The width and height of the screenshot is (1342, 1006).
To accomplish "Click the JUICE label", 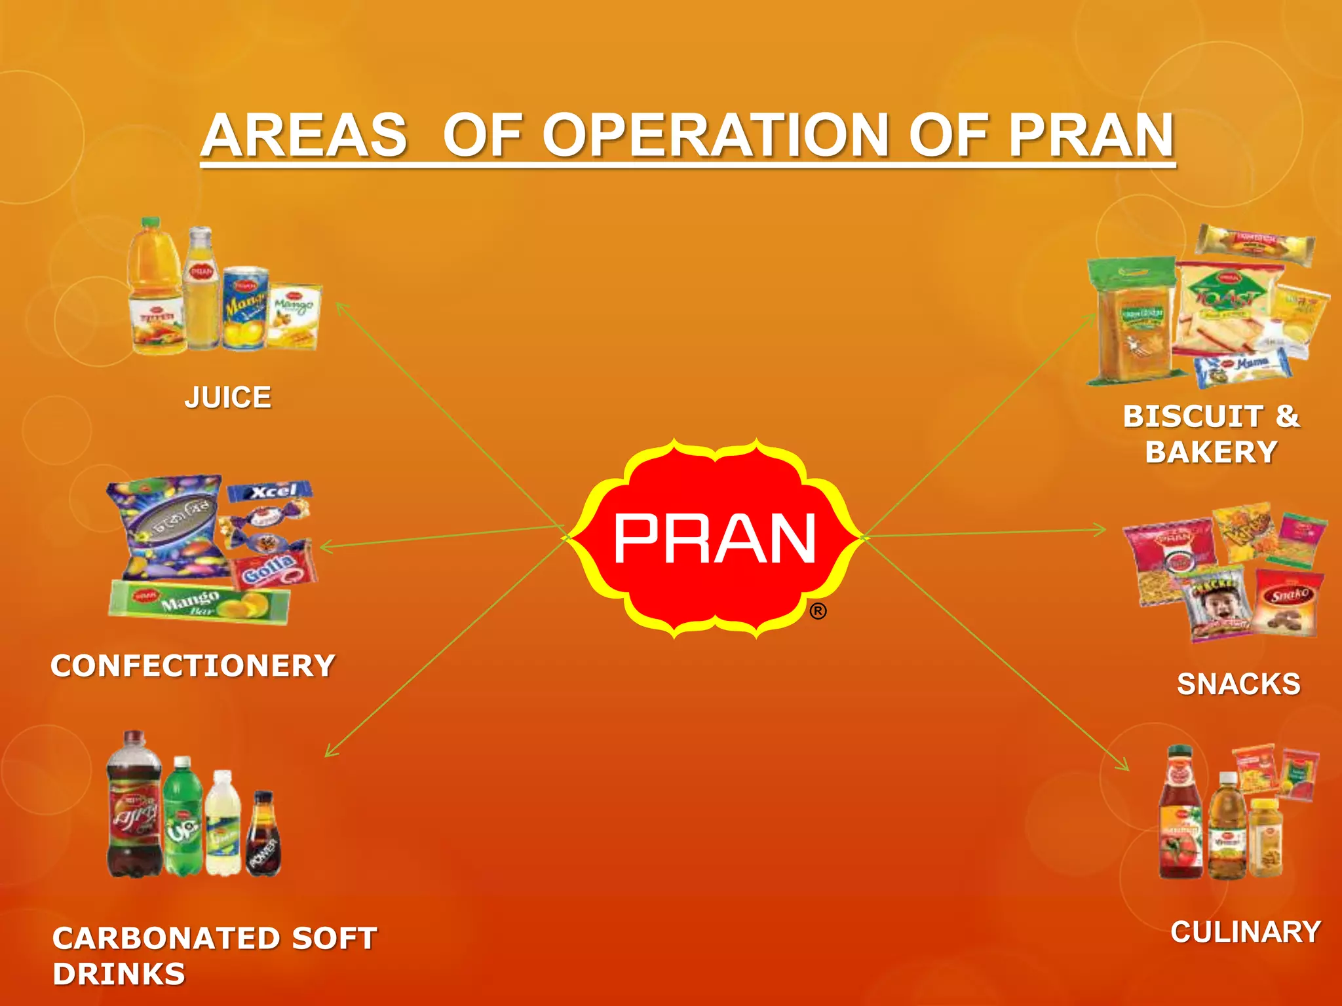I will pos(227,398).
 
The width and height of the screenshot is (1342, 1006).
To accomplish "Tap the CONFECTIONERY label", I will pos(193,665).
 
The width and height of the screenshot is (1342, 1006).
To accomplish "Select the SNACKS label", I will pos(1238,684).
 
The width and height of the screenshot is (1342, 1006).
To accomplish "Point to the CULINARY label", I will pos(1246,932).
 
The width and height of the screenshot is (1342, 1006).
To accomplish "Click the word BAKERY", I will pos(1212,452).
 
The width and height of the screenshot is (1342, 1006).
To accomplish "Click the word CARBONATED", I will pos(167,938).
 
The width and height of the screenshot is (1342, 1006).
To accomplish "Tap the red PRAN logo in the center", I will pos(714,538).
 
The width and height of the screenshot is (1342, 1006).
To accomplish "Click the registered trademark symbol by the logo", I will pos(818,612).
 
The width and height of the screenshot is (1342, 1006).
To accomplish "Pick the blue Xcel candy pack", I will pos(270,491).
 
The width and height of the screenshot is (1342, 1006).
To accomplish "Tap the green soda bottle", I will pos(182,819).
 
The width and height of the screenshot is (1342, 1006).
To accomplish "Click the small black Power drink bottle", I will pos(263,835).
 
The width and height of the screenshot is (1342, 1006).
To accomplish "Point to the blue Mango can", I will pos(244,308).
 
